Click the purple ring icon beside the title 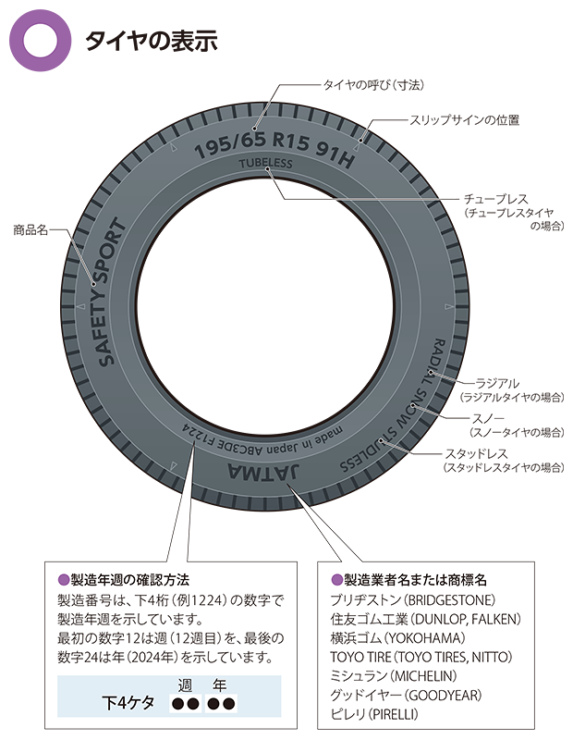point(40,40)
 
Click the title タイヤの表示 point(150,41)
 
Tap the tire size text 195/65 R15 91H point(275,147)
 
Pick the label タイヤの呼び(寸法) point(372,84)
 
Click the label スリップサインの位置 point(464,119)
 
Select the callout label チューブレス point(497,199)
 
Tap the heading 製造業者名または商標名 point(409,580)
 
